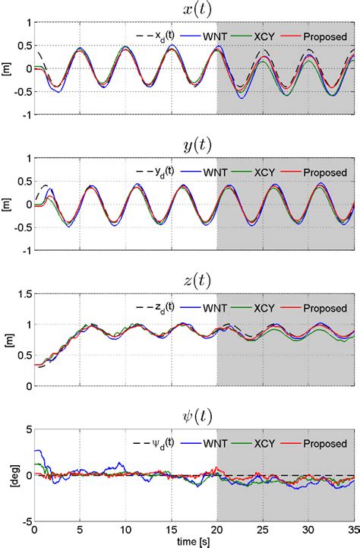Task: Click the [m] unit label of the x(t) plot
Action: click(x=8, y=69)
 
